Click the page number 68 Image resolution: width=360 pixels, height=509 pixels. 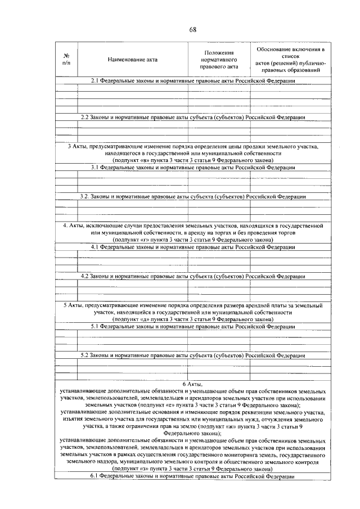coord(192,30)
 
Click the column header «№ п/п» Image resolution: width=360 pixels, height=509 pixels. coord(66,59)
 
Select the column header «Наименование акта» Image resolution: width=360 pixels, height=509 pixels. coord(133,59)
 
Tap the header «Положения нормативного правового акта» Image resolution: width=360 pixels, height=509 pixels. coord(219,59)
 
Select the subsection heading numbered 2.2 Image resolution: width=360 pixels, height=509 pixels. coord(193,117)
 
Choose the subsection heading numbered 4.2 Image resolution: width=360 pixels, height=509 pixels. coord(193,276)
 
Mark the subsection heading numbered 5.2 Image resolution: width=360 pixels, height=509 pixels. coord(193,355)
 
